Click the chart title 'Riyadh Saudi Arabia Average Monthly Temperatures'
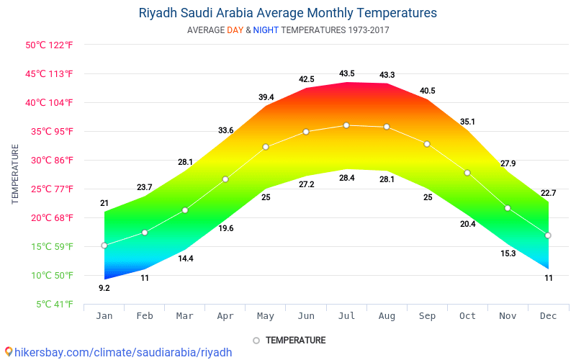tap(287, 13)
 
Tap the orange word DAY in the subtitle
tap(235, 30)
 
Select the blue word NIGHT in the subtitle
tap(266, 30)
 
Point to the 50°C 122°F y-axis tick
tap(50, 45)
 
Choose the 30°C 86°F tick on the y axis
tap(50, 160)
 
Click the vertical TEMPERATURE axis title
tap(15, 174)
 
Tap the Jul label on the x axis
tap(346, 315)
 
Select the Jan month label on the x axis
tap(104, 315)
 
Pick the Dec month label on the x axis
tap(548, 315)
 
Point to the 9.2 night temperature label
tap(104, 288)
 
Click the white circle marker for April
tap(225, 179)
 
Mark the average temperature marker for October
tap(467, 173)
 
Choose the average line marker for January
tap(104, 246)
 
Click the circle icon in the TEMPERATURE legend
tap(256, 340)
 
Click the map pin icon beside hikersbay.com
tap(9, 351)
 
